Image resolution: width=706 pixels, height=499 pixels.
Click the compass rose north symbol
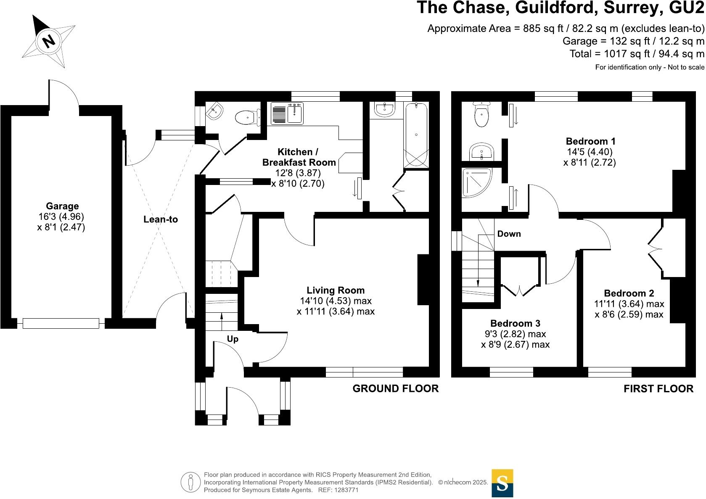49,41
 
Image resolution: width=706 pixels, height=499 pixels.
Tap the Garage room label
62,206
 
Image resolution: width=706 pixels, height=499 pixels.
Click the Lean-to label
160,219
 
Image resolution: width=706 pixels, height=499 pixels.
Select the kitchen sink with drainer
287,114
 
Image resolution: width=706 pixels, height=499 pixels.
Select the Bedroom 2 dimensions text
629,309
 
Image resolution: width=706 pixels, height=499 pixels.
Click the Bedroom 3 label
515,323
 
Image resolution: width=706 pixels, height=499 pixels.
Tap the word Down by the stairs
509,234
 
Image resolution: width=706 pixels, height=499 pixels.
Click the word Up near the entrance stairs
233,339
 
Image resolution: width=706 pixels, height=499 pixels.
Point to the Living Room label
335,290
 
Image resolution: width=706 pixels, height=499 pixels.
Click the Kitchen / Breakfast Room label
299,157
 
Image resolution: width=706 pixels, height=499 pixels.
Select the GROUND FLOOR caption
395,388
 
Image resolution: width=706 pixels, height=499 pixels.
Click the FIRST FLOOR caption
658,389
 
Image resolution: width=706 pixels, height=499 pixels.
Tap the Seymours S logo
502,483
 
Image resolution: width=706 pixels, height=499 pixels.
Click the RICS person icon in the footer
191,482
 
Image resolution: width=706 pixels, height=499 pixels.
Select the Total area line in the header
637,54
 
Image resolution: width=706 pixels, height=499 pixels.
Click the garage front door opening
61,323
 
